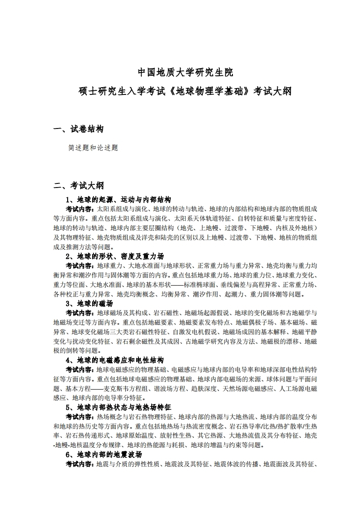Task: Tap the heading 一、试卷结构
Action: (78, 129)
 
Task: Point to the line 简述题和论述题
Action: (93, 148)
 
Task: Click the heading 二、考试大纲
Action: (79, 185)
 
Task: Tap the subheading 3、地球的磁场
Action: (89, 303)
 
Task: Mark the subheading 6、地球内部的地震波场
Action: (104, 455)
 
